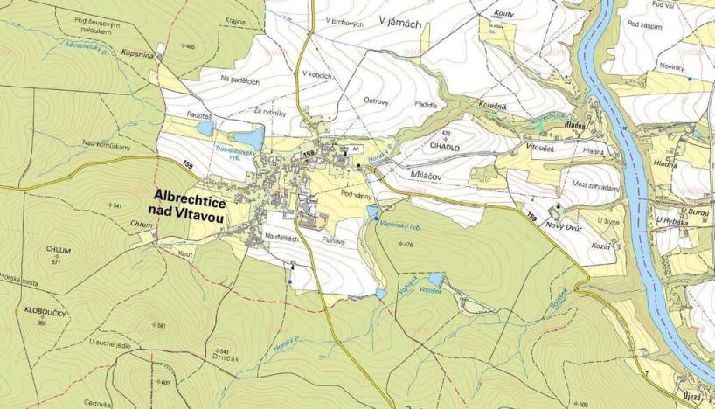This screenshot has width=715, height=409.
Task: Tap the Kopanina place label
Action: pos(139,52)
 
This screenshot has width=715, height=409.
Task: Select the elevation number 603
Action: pos(165,383)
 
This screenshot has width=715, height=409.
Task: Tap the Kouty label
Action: pos(503,15)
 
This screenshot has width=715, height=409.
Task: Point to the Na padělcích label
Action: pos(240,79)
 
